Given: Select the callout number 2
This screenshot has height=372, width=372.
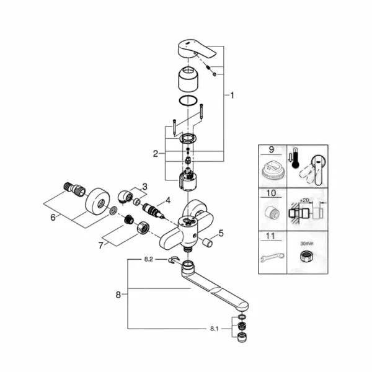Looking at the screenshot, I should (x=156, y=153).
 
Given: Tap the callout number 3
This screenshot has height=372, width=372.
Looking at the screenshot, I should (x=144, y=187).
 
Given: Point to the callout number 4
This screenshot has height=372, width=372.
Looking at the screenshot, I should (x=167, y=201).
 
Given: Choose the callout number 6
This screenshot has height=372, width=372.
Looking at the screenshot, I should (x=52, y=217).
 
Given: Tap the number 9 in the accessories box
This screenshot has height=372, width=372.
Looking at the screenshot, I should (x=272, y=151).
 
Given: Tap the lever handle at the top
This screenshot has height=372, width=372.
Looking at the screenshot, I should (x=198, y=49).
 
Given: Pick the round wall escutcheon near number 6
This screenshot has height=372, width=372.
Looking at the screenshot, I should (x=99, y=200).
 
